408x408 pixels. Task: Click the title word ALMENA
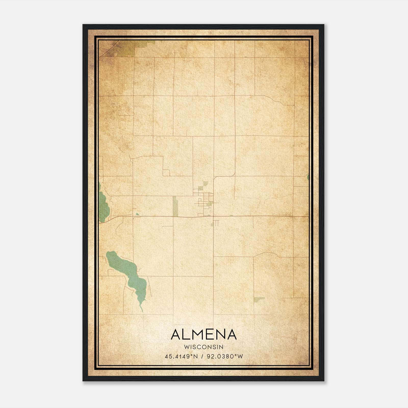204,335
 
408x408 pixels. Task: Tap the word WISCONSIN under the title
204,347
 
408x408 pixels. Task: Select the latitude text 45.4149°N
181,356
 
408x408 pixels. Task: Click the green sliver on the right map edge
308,177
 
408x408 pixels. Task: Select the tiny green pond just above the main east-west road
137,214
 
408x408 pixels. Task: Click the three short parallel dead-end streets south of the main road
216,223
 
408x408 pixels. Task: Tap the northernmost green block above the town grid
206,183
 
